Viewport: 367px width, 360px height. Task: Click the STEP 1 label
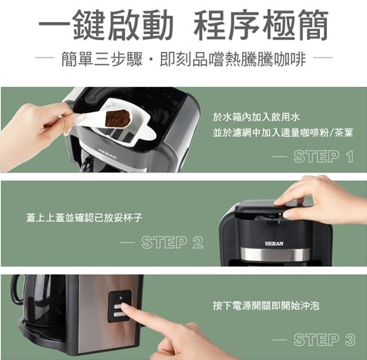pyautogui.click(x=324, y=157)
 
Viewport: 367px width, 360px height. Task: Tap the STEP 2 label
pyautogui.click(x=172, y=243)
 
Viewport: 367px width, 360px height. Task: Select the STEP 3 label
pyautogui.click(x=324, y=338)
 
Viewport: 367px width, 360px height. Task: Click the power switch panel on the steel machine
pyautogui.click(x=120, y=307)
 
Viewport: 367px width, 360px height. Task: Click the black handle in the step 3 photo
pyautogui.click(x=17, y=291)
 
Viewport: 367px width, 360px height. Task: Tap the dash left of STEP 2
pyautogui.click(x=130, y=244)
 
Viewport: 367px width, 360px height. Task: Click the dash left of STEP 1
pyautogui.click(x=281, y=157)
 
